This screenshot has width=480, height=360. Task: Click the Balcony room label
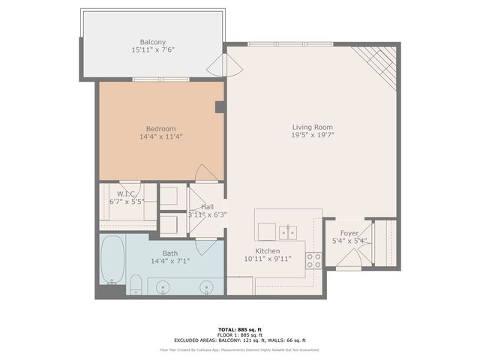tap(153, 42)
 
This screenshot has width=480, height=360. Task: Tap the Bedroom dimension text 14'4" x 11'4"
tap(161, 137)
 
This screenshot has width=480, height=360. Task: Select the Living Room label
tap(312, 127)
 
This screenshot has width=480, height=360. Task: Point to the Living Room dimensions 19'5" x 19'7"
tap(312, 136)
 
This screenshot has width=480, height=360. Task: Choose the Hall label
tap(208, 206)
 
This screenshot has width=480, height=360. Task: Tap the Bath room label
tap(161, 253)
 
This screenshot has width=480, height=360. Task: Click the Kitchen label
tap(268, 251)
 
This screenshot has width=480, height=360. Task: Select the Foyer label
tap(349, 233)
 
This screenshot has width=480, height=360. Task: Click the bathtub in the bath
tap(113, 259)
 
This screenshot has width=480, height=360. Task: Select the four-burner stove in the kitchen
tap(314, 260)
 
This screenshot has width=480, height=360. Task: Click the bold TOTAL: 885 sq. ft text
tap(240, 329)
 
